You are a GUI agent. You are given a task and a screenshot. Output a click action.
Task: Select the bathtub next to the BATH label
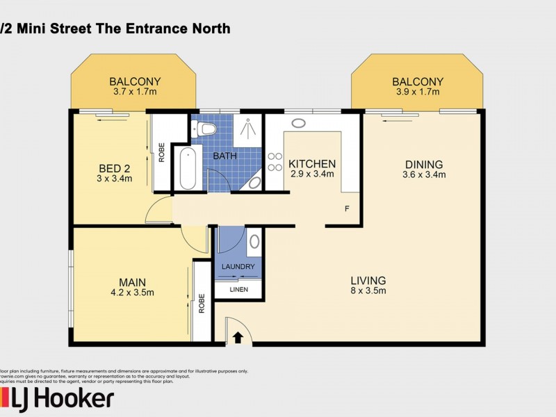click(x=187, y=168)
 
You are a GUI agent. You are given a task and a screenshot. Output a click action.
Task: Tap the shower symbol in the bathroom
click(x=246, y=129)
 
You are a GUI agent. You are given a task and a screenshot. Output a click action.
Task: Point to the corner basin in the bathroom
click(x=255, y=182)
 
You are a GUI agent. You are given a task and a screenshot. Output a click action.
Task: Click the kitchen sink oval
click(x=299, y=123)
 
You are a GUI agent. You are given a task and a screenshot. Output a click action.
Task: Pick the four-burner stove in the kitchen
click(x=275, y=163)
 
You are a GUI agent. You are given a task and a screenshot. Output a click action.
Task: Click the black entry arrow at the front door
click(x=238, y=338)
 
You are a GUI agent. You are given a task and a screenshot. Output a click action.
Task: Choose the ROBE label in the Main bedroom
click(x=202, y=303)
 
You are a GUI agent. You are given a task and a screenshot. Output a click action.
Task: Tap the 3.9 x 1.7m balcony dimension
click(x=417, y=91)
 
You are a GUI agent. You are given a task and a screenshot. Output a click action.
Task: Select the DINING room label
click(x=423, y=164)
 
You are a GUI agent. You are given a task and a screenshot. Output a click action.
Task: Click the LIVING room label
click(x=368, y=281)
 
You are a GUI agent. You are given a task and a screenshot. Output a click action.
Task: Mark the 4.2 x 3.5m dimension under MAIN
click(x=131, y=293)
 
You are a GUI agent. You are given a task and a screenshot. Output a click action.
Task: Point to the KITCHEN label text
click(x=312, y=164)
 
